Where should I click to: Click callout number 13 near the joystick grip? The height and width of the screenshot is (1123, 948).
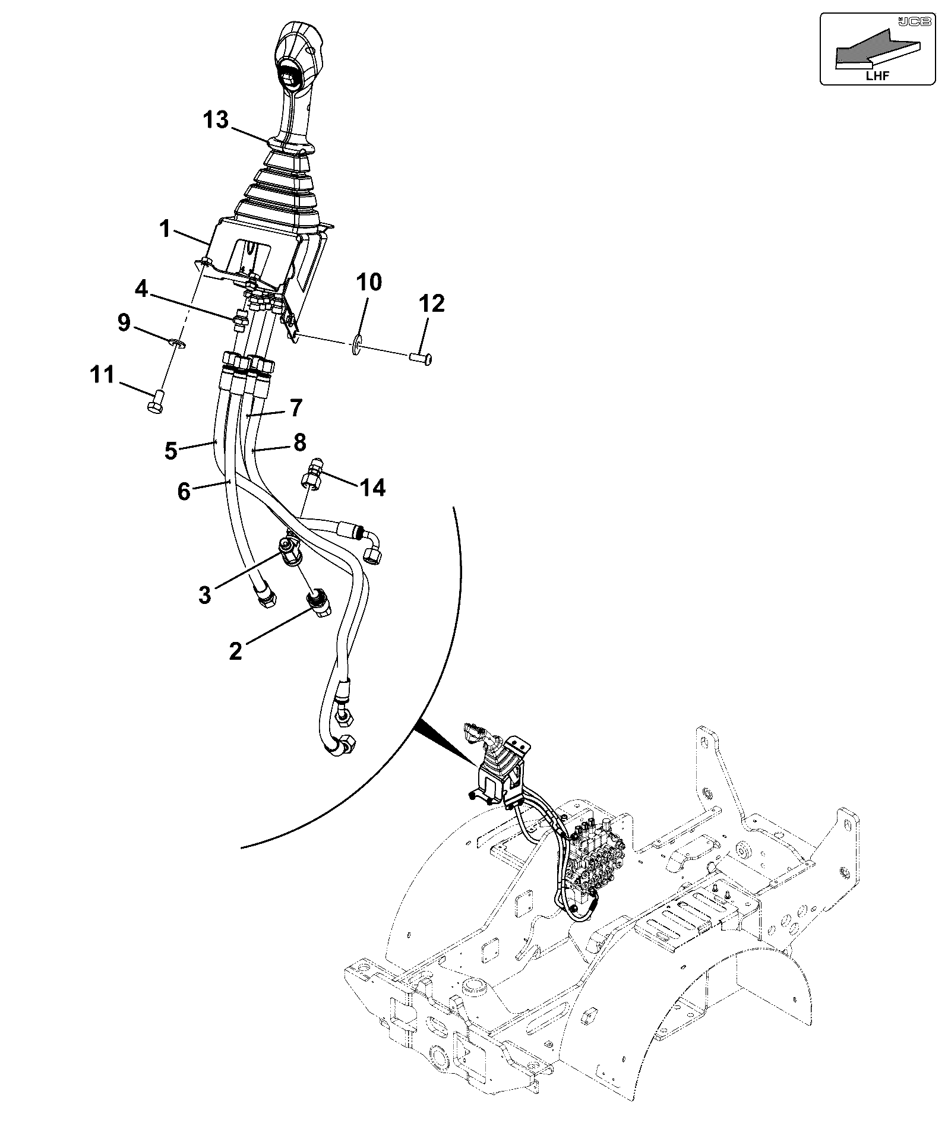pyautogui.click(x=216, y=120)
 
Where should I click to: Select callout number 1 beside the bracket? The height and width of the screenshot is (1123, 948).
pyautogui.click(x=165, y=229)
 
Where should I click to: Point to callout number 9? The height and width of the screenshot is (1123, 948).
pyautogui.click(x=124, y=324)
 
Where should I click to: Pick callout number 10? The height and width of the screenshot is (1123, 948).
pyautogui.click(x=369, y=282)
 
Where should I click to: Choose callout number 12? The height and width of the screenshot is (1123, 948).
pyautogui.click(x=431, y=304)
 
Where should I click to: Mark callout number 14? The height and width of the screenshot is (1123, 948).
pyautogui.click(x=372, y=488)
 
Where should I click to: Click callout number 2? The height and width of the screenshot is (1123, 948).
pyautogui.click(x=236, y=651)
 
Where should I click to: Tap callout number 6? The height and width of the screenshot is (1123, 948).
pyautogui.click(x=184, y=491)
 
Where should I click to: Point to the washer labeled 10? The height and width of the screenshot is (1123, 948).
pyautogui.click(x=357, y=344)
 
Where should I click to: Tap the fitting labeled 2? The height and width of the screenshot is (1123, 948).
pyautogui.click(x=318, y=603)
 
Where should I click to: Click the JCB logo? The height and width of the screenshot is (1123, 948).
pyautogui.click(x=907, y=21)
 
